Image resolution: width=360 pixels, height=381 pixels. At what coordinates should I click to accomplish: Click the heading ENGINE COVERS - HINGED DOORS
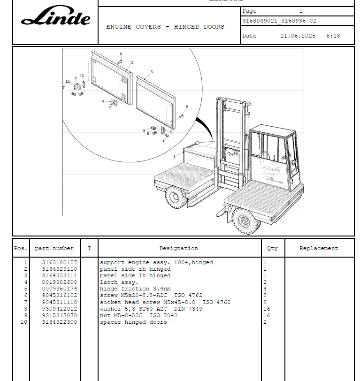tap(165, 27)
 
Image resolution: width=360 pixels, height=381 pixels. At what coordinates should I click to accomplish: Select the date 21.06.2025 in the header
tap(298, 36)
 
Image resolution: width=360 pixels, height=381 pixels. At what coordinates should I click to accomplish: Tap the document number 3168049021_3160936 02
tap(279, 21)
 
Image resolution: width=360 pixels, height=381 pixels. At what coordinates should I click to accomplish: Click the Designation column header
tap(178, 248)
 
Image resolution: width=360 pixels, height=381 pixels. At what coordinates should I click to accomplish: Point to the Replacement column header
tap(319, 248)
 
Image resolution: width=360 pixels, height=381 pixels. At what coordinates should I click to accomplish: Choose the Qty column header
tap(272, 248)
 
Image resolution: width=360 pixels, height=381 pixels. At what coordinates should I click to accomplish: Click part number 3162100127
tap(60, 263)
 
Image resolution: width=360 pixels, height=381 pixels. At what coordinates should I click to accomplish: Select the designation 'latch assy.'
tap(119, 282)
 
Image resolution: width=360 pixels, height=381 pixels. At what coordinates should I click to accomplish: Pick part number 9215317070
tap(60, 315)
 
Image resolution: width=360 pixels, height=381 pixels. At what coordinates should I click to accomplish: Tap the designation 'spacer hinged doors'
tap(133, 322)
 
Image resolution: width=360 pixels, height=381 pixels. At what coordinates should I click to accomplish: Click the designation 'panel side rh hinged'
tap(135, 269)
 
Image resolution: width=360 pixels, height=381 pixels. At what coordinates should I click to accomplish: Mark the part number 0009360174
tap(60, 289)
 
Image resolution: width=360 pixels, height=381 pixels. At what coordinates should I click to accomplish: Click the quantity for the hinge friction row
tap(265, 289)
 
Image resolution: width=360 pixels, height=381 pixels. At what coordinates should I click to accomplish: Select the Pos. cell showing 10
tap(24, 322)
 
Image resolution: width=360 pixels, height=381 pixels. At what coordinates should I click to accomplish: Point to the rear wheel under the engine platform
tap(176, 197)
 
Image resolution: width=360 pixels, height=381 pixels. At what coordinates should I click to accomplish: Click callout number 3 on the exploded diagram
tap(152, 72)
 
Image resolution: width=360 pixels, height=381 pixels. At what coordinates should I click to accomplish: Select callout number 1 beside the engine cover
tap(174, 157)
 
